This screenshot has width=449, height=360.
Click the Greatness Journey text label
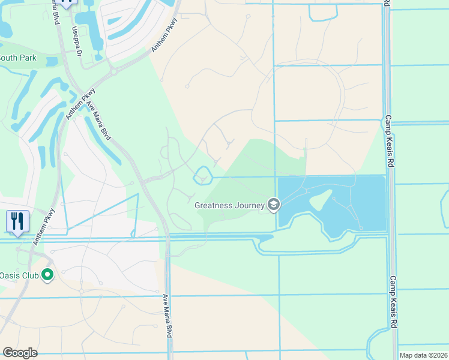pos(229,205)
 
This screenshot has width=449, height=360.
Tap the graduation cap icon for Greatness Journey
pos(274,205)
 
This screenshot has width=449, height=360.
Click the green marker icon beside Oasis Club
pos(47,275)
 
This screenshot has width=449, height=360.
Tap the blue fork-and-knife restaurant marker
pos(17,221)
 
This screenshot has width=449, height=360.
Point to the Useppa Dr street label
pos(77,41)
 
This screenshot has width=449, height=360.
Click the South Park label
pos(18,58)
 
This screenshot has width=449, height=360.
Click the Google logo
pos(20,353)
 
